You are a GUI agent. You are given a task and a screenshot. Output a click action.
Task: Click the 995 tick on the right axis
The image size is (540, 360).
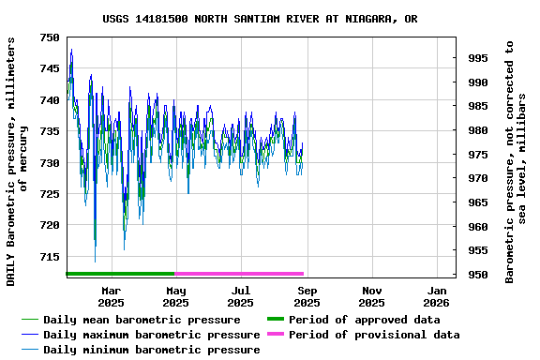(477, 58)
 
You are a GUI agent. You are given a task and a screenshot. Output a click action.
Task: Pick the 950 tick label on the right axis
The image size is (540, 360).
(477, 275)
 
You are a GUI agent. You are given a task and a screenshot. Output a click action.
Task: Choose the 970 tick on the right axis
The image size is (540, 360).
(477, 178)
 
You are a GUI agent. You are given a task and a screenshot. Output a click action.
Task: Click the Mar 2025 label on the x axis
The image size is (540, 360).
(111, 296)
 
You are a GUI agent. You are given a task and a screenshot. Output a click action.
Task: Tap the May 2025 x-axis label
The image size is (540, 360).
(175, 296)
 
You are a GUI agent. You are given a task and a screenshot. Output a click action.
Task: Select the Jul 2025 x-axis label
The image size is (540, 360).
(241, 296)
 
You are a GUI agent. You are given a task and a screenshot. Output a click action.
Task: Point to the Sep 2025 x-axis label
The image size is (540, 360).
(307, 296)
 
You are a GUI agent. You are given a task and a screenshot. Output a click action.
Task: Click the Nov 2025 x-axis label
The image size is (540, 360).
(371, 296)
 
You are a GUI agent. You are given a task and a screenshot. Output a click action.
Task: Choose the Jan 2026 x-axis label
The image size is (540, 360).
(437, 296)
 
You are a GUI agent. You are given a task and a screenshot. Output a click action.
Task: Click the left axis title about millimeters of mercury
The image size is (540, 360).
(17, 161)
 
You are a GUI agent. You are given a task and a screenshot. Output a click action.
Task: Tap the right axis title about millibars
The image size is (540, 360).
(517, 161)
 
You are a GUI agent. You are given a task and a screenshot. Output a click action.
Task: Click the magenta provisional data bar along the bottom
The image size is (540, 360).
(239, 274)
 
